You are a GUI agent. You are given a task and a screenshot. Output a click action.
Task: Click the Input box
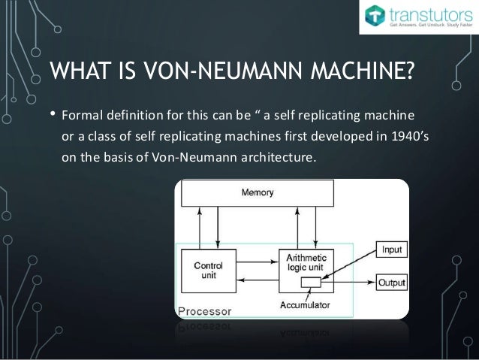(x=391, y=248)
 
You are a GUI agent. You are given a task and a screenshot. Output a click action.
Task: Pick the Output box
(x=391, y=283)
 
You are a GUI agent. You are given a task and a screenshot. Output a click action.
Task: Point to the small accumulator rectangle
(x=309, y=283)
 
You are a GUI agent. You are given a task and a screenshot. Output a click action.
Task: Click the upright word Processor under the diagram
(x=204, y=310)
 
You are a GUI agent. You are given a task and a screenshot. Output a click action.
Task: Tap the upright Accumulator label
(x=309, y=306)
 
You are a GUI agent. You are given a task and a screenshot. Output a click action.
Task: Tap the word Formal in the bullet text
(x=81, y=116)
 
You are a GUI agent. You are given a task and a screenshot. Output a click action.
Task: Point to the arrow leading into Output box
(x=357, y=283)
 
